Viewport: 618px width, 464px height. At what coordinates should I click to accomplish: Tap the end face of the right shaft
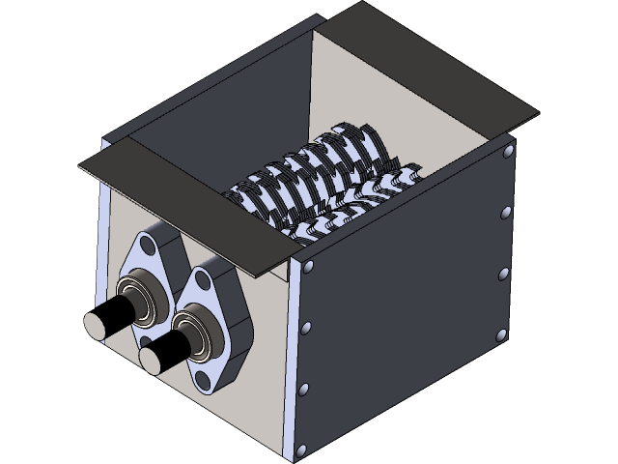coord(150,359)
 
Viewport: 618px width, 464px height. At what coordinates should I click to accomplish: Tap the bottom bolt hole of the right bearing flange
coord(210,385)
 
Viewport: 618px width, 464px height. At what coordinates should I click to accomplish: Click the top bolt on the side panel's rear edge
coord(505,212)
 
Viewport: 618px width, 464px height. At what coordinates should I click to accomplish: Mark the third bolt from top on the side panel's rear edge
coord(501,335)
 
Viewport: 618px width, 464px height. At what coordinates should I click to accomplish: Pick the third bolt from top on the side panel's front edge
coord(304,390)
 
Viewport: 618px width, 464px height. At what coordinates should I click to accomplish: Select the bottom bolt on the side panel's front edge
coord(301,449)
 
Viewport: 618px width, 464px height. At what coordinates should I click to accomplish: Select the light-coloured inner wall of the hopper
coord(406,87)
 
